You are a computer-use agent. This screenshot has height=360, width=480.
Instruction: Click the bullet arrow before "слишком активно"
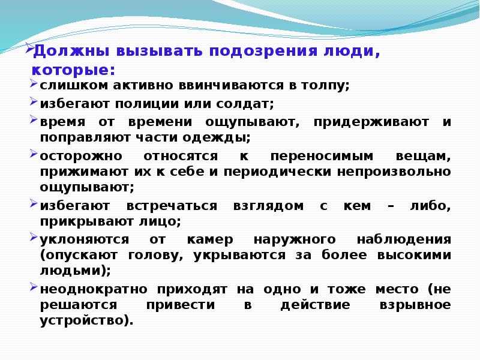[34, 84]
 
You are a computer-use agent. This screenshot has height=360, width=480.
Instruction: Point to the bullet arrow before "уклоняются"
[34, 238]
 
